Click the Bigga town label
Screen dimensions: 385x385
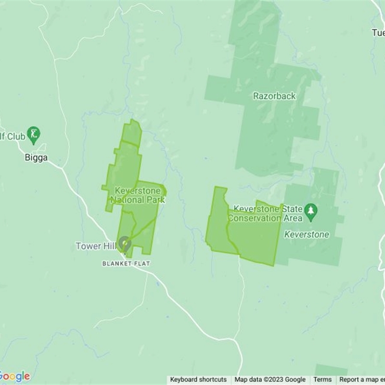(x=36, y=157)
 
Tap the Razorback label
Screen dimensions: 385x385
(x=274, y=96)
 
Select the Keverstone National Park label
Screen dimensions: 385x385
(x=138, y=195)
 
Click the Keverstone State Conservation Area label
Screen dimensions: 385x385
(x=268, y=214)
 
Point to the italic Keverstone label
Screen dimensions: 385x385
(x=307, y=235)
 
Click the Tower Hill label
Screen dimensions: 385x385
(x=96, y=246)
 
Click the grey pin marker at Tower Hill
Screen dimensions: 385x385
(x=125, y=244)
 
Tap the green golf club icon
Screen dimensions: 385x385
(x=33, y=135)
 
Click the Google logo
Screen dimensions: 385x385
(x=15, y=376)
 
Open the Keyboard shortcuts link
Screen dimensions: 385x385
(x=198, y=380)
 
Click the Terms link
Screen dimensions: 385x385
(x=322, y=380)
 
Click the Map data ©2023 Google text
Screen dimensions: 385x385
(x=270, y=380)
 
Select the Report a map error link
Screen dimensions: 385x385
(x=361, y=380)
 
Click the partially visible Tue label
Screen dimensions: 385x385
(x=378, y=33)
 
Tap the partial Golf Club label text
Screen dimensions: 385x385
(x=13, y=137)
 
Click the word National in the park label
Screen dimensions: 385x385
(x=127, y=199)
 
